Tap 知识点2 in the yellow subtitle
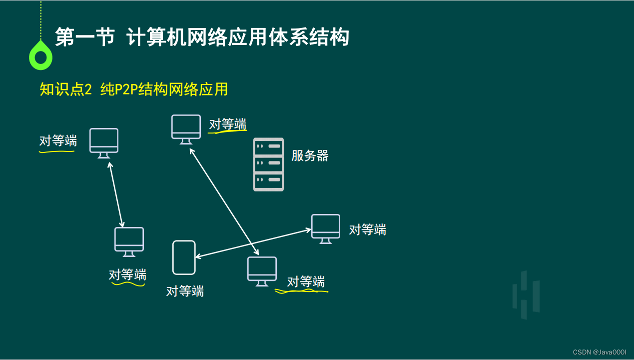tap(66, 89)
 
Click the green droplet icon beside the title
tap(40, 56)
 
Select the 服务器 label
tap(310, 155)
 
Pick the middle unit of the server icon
tap(268, 163)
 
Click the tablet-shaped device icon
tap(184, 257)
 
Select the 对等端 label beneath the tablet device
tap(185, 291)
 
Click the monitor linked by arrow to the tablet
tap(326, 228)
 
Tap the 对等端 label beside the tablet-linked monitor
tap(367, 230)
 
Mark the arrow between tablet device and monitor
tap(253, 243)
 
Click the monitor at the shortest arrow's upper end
tap(104, 142)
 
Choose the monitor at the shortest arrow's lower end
tap(129, 241)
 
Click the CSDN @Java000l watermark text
tap(599, 352)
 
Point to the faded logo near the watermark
tap(526, 295)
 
